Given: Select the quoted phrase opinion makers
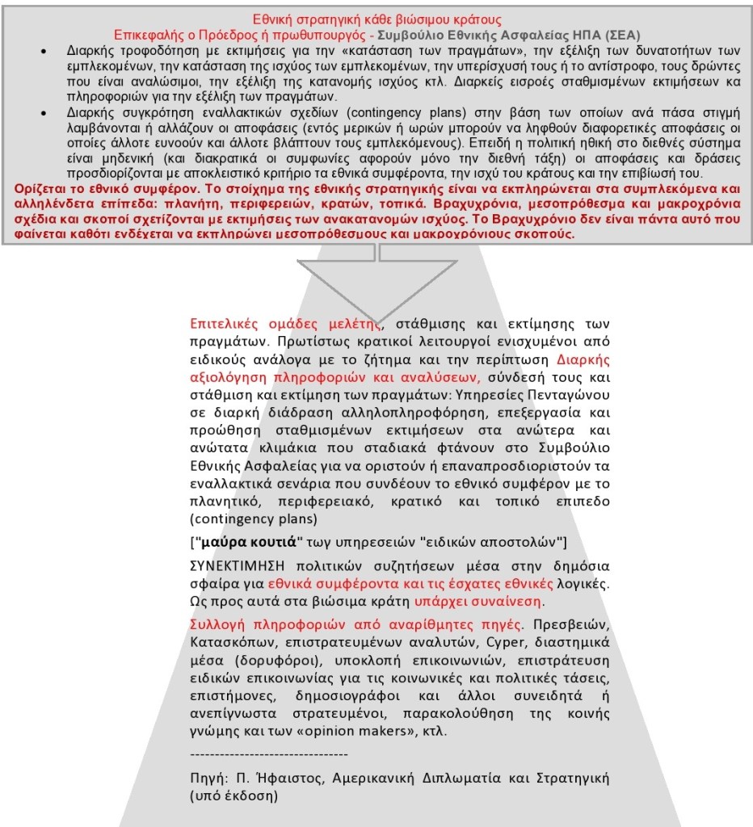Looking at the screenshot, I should point(364,731).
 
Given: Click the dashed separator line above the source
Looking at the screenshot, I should point(268,754).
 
